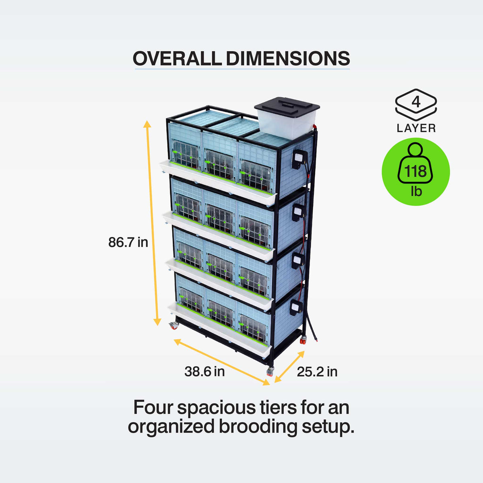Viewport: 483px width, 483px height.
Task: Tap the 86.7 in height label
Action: pos(128,242)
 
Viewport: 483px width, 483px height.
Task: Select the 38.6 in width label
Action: pos(204,372)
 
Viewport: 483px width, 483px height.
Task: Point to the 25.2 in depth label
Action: pos(317,372)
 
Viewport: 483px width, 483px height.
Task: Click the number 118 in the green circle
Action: pos(415,171)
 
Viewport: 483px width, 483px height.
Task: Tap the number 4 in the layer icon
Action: pos(416,102)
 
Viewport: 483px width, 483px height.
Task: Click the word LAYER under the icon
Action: pos(416,128)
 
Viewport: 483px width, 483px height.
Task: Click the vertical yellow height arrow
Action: pos(152,223)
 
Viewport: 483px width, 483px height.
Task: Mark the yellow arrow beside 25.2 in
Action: pos(289,367)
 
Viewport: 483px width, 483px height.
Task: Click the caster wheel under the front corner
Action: pos(270,371)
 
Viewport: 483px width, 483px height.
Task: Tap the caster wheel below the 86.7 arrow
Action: pos(174,326)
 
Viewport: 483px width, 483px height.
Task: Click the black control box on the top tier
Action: pos(299,159)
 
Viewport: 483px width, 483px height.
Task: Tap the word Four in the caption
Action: pos(153,407)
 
